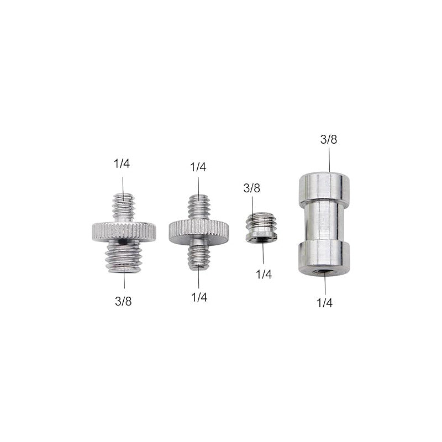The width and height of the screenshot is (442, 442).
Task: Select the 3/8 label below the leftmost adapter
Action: click(124, 301)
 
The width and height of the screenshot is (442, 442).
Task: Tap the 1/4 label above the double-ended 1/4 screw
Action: click(198, 167)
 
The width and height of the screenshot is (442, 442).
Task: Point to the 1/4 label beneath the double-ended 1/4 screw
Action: click(199, 297)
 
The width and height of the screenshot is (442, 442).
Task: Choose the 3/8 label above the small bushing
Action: click(251, 188)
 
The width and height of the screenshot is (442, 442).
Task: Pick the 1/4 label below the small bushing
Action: click(264, 274)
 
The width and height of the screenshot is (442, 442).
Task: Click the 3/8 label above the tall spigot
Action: click(328, 139)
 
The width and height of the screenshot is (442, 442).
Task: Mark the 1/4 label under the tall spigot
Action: click(324, 303)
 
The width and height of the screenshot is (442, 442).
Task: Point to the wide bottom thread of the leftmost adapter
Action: click(124, 255)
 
